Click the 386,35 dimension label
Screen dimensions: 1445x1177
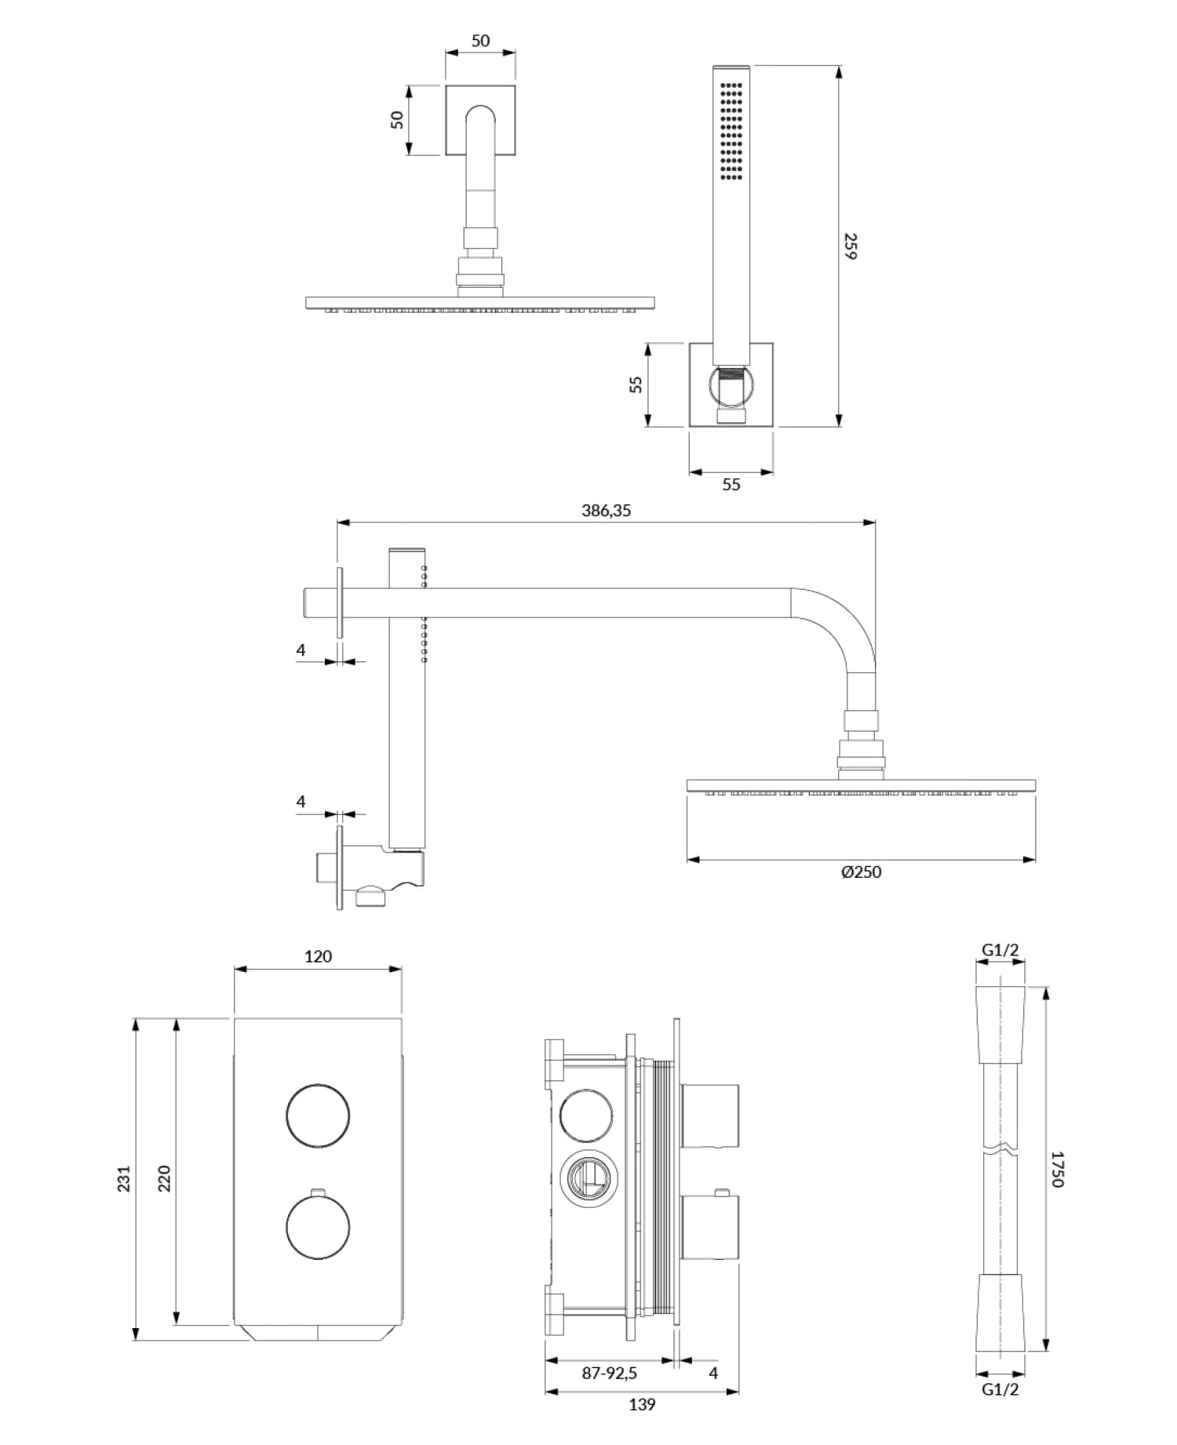coord(606,511)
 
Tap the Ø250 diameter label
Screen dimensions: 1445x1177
coord(861,872)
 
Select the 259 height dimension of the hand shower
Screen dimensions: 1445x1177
coord(851,246)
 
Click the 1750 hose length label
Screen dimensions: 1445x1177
coord(1057,1169)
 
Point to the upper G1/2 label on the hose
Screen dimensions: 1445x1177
coord(1000,950)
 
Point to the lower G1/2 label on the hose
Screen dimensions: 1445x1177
coord(1000,1389)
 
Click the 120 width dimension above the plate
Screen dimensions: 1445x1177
coord(318,956)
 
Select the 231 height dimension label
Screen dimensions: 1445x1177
coord(124,1179)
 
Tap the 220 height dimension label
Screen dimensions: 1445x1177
coord(164,1179)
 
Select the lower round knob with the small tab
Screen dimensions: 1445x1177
coord(318,1228)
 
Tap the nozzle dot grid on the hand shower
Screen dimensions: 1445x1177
coord(731,131)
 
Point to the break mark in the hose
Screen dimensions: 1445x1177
coord(1000,1153)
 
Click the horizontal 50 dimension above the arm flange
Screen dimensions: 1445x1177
coord(480,41)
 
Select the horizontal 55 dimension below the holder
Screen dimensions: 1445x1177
coord(731,485)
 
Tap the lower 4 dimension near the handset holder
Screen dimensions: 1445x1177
coord(301,802)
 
